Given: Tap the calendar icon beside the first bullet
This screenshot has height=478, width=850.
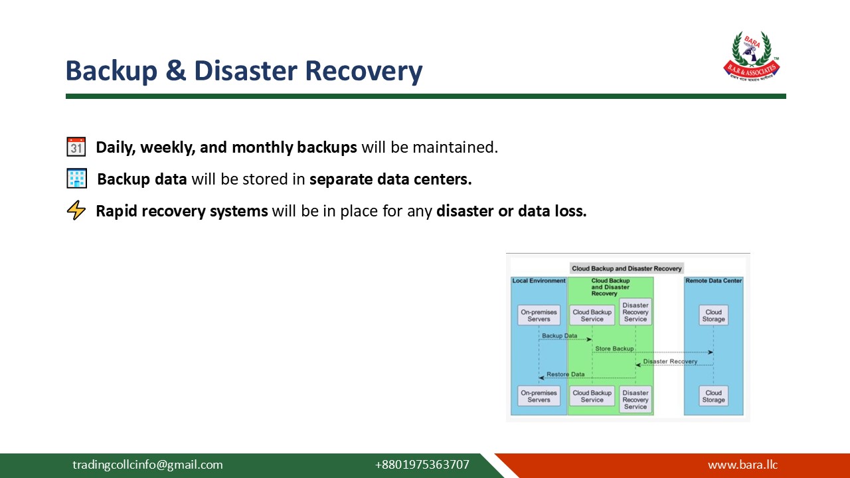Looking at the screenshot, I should coord(76,147).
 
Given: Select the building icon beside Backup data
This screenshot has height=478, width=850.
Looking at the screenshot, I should coord(76,179).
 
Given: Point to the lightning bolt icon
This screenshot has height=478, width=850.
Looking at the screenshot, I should coord(76,211).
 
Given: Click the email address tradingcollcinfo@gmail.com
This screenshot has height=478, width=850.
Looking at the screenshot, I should coord(147,465).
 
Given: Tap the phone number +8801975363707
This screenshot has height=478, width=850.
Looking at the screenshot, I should coord(422,465).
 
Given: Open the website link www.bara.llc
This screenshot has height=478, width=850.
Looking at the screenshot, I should coord(742,465).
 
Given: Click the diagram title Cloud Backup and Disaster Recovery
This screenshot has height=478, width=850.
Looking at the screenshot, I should coord(627,268).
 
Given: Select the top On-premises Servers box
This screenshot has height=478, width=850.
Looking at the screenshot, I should coord(539,315).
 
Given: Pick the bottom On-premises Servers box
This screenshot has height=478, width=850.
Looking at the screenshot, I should coord(539,396).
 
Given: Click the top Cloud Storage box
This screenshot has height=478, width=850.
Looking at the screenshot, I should coord(713,315).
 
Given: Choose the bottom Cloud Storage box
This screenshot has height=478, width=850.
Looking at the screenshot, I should coord(713,396).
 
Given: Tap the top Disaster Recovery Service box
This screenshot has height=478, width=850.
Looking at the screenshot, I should coord(636,312).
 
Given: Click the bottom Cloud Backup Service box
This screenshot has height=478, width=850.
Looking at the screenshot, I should coord(592,396).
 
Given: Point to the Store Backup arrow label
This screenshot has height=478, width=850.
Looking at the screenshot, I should coord(614,349).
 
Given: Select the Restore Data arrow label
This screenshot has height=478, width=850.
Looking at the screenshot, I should coord(565,374).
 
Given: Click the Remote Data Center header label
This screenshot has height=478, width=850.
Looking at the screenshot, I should coord(713,281).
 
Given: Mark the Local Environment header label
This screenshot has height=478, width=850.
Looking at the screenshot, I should coord(539,281).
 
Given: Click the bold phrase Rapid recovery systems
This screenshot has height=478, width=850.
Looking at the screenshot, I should coord(182,211).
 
